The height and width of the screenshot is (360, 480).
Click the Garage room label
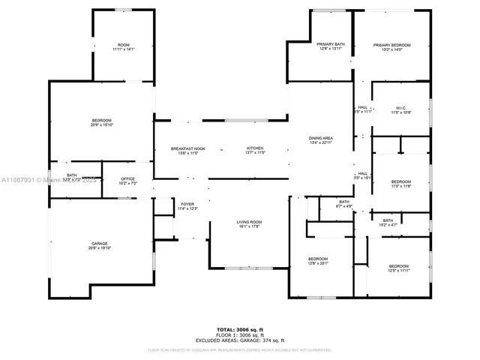[x=100, y=246]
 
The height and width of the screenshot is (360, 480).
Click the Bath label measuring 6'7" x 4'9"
[x=344, y=203]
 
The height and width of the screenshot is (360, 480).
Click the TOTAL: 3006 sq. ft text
[x=239, y=330]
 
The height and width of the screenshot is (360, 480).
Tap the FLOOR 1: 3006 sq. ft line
[x=239, y=335]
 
